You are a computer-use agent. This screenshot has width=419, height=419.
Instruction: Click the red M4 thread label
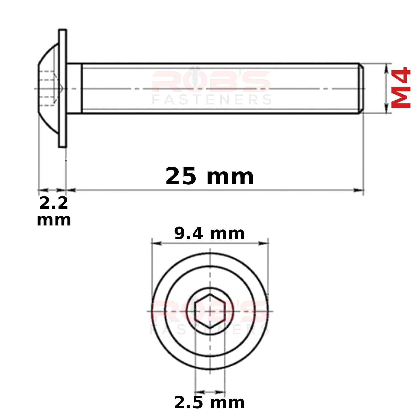pyautogui.click(x=401, y=87)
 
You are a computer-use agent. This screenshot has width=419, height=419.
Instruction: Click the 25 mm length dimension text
pyautogui.click(x=210, y=176)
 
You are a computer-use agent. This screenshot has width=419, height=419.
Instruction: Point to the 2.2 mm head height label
pyautogui.click(x=54, y=211)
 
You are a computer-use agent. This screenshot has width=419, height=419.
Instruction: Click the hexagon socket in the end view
pyautogui.click(x=210, y=311)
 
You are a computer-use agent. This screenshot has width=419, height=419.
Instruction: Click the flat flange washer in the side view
pyautogui.click(x=63, y=88)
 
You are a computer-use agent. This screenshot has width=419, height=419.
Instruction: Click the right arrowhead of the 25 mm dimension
pyautogui.click(x=359, y=190)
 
